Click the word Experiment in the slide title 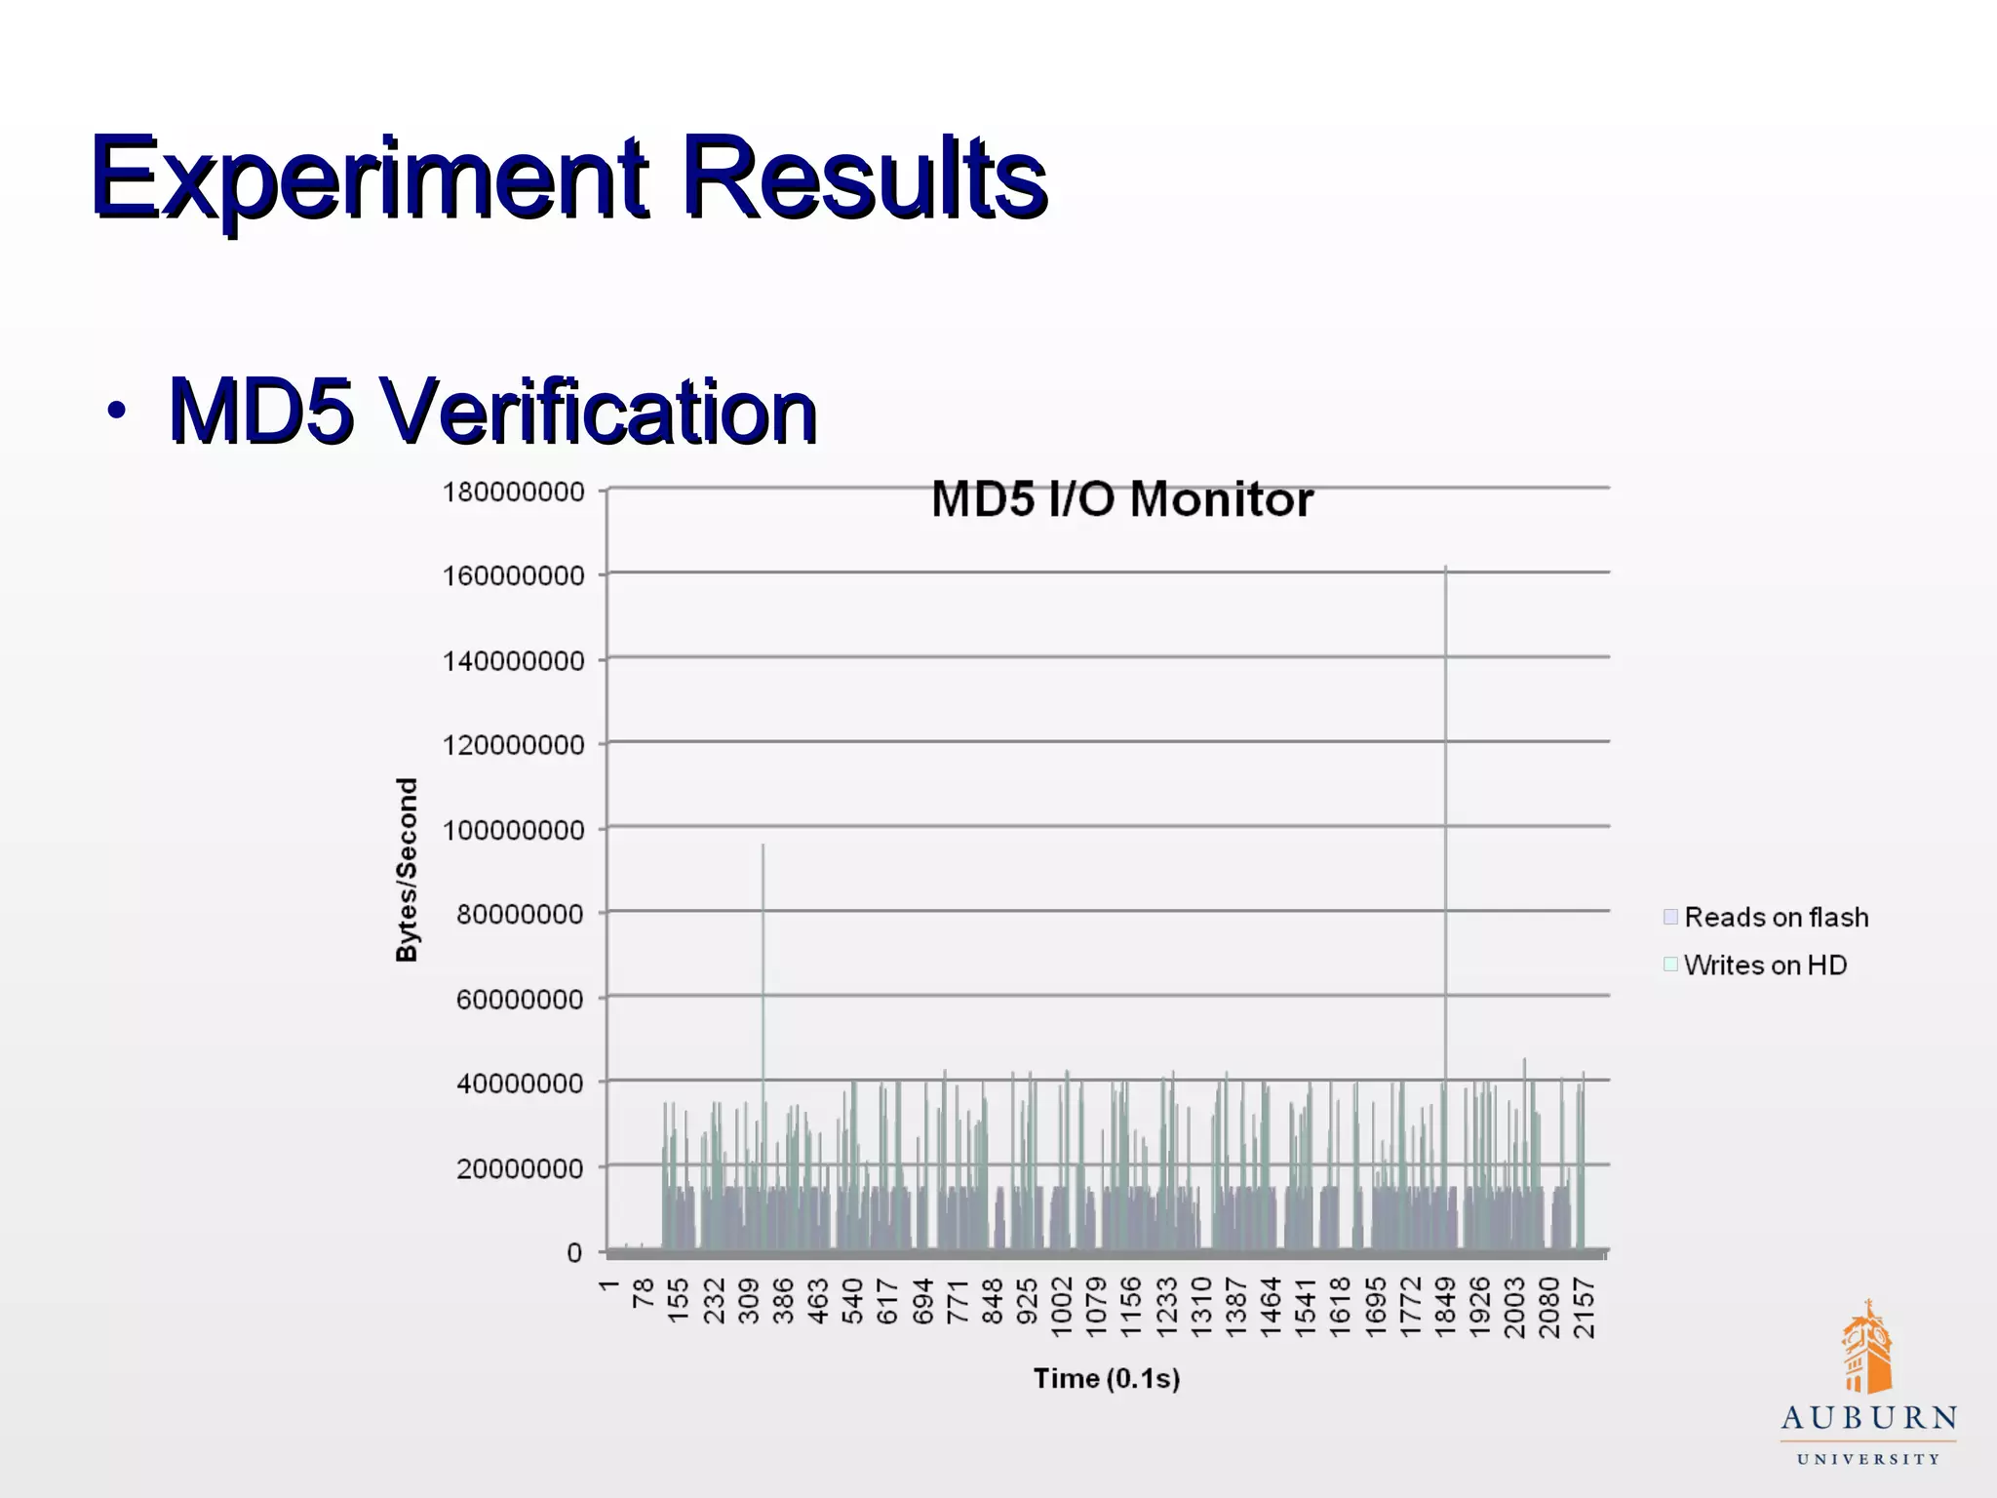pyautogui.click(x=371, y=178)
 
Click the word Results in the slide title pyautogui.click(x=864, y=178)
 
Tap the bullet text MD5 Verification pyautogui.click(x=492, y=411)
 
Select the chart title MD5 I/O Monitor pyautogui.click(x=1122, y=499)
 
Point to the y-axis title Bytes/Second pyautogui.click(x=407, y=869)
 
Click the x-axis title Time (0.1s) pyautogui.click(x=1107, y=1378)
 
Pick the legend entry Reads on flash pyautogui.click(x=1776, y=917)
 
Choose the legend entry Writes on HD pyautogui.click(x=1765, y=965)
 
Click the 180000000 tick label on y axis pyautogui.click(x=514, y=492)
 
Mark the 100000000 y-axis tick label pyautogui.click(x=514, y=830)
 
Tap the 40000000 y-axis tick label pyautogui.click(x=520, y=1084)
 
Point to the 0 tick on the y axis pyautogui.click(x=574, y=1252)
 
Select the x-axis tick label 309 pyautogui.click(x=748, y=1302)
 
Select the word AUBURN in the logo pyautogui.click(x=1868, y=1419)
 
